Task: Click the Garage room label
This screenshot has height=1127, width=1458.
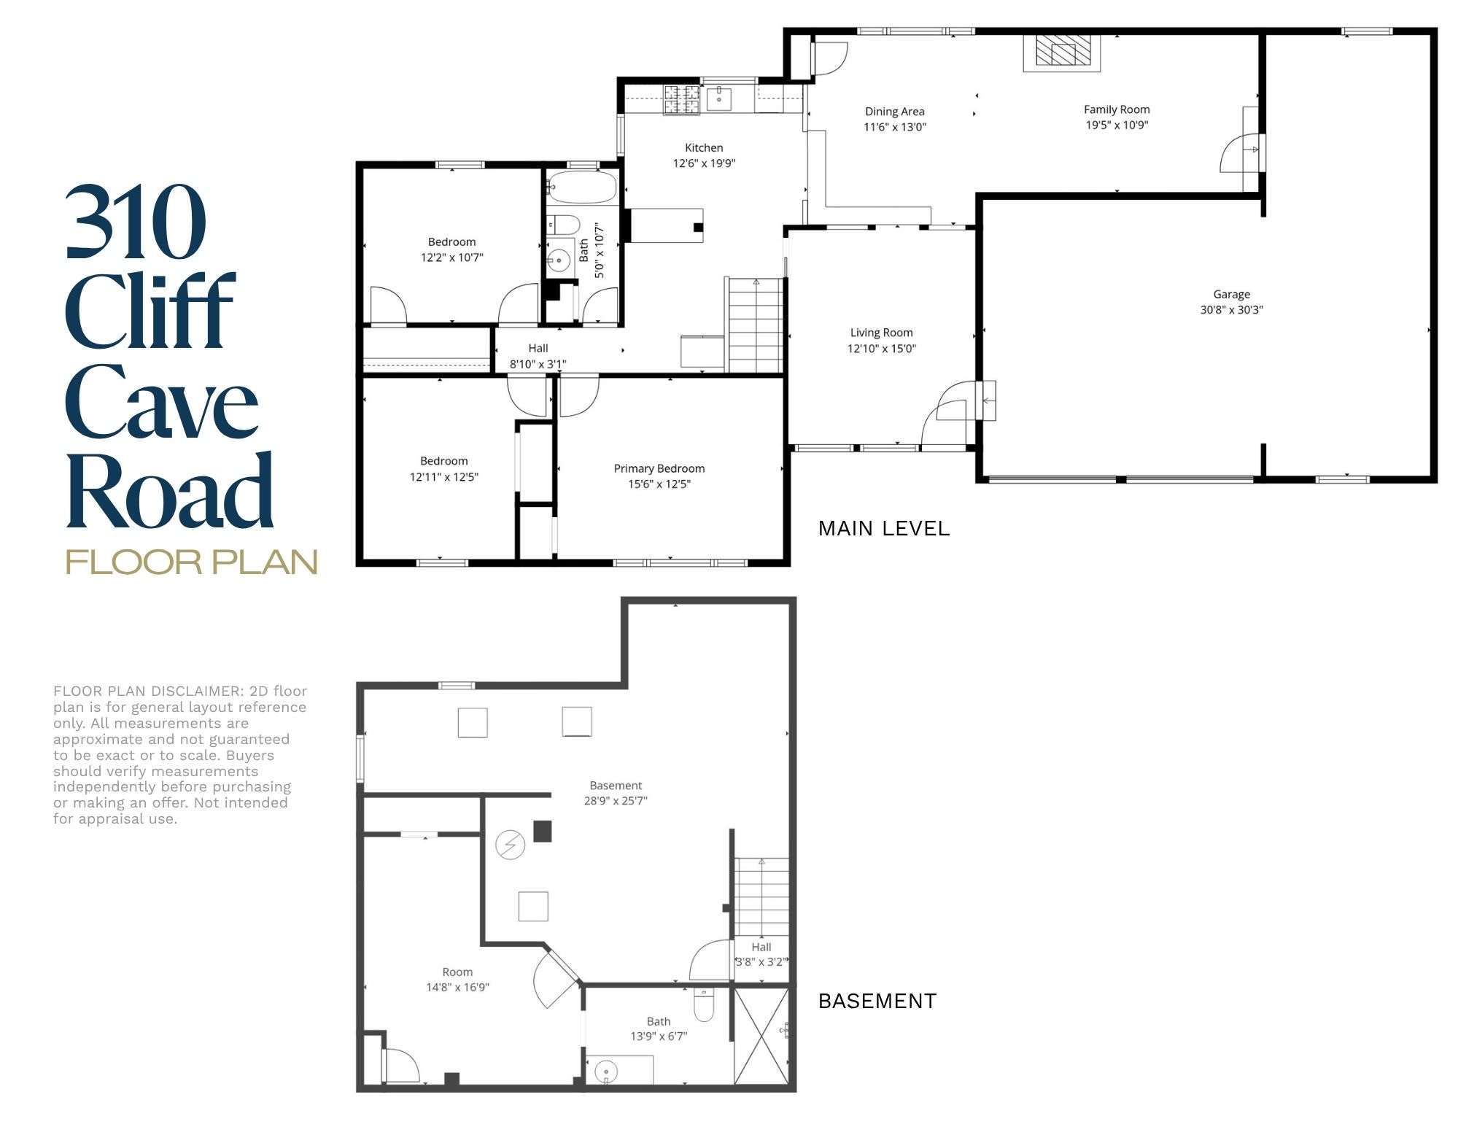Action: click(1231, 294)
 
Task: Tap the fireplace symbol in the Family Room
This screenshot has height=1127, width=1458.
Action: click(1061, 53)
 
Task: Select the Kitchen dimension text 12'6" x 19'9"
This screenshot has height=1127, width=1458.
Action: click(704, 163)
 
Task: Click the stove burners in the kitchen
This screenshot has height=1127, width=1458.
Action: click(681, 100)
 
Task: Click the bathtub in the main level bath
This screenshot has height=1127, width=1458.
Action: click(582, 187)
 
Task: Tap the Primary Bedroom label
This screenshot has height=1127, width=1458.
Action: click(659, 468)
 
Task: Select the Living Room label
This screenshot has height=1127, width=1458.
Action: click(881, 333)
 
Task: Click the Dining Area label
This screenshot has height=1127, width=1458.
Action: click(894, 112)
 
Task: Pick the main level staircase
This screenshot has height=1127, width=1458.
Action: click(756, 325)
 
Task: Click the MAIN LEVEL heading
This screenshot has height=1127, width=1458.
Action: click(884, 528)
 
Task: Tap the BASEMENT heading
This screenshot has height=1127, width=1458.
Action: click(877, 1001)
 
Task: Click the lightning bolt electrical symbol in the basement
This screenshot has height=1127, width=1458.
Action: click(510, 845)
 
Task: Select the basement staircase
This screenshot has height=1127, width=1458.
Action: click(761, 896)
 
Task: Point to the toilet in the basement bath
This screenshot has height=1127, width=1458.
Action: click(704, 1004)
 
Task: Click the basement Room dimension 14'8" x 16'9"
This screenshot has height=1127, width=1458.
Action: click(457, 987)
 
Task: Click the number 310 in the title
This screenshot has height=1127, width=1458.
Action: click(136, 222)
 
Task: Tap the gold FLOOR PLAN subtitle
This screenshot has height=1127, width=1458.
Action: click(192, 562)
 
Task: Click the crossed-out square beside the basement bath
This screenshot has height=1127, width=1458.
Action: click(761, 1035)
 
